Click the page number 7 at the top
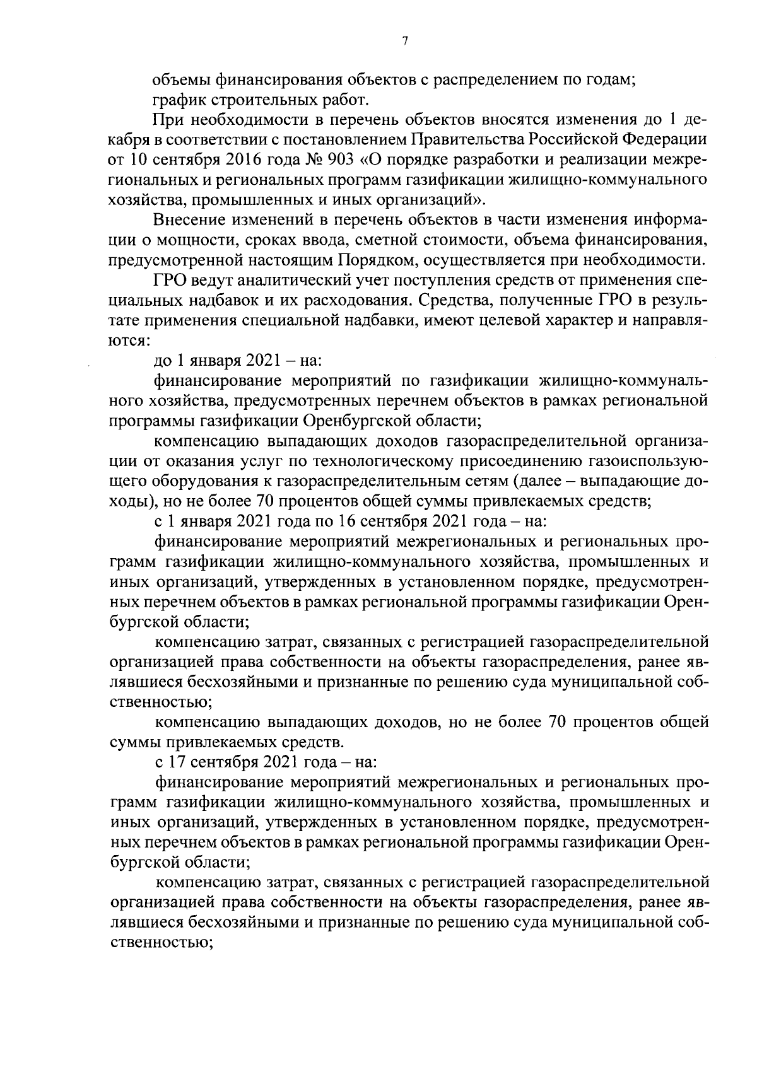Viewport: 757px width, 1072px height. tap(405, 41)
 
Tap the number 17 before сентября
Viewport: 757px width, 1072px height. tap(174, 762)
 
